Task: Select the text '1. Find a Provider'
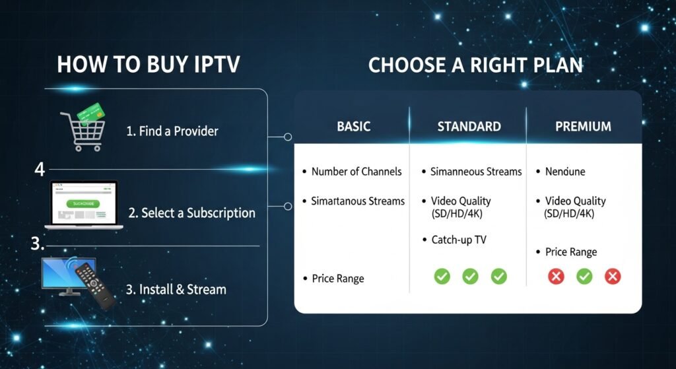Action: tap(172, 131)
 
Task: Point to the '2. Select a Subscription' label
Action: tap(191, 213)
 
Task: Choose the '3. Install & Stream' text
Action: tap(176, 289)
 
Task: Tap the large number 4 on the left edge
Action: tap(40, 170)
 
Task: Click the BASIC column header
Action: tap(353, 126)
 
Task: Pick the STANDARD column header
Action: tap(469, 126)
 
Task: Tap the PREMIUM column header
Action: tap(583, 126)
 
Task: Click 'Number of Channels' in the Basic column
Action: tap(356, 172)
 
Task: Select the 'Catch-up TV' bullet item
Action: tap(458, 240)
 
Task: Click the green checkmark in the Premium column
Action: tap(584, 276)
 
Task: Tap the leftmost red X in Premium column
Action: tap(556, 276)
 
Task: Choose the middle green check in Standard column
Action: tap(470, 276)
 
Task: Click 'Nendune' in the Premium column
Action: tap(565, 172)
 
